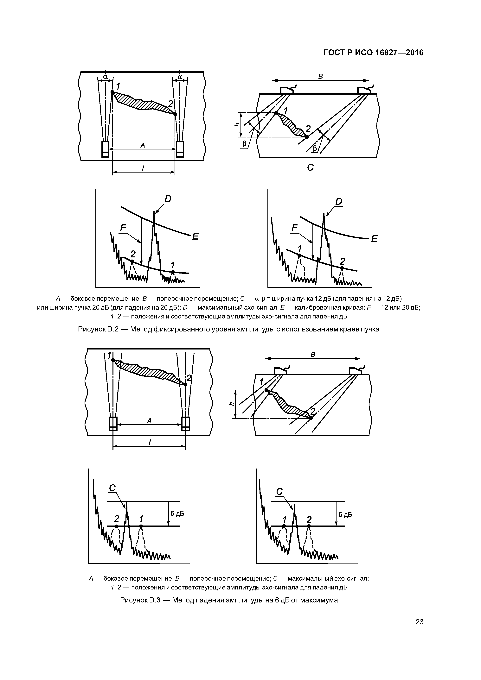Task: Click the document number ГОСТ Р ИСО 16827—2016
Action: (x=373, y=53)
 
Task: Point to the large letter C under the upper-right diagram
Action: (x=310, y=168)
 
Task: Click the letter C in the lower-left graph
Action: (x=112, y=488)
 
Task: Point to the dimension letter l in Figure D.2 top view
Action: (x=143, y=168)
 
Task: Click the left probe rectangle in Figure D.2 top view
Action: (x=105, y=149)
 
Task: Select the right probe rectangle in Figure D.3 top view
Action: (x=186, y=424)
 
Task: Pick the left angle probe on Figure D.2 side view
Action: (x=287, y=90)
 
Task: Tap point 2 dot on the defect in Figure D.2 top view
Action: (x=175, y=114)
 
